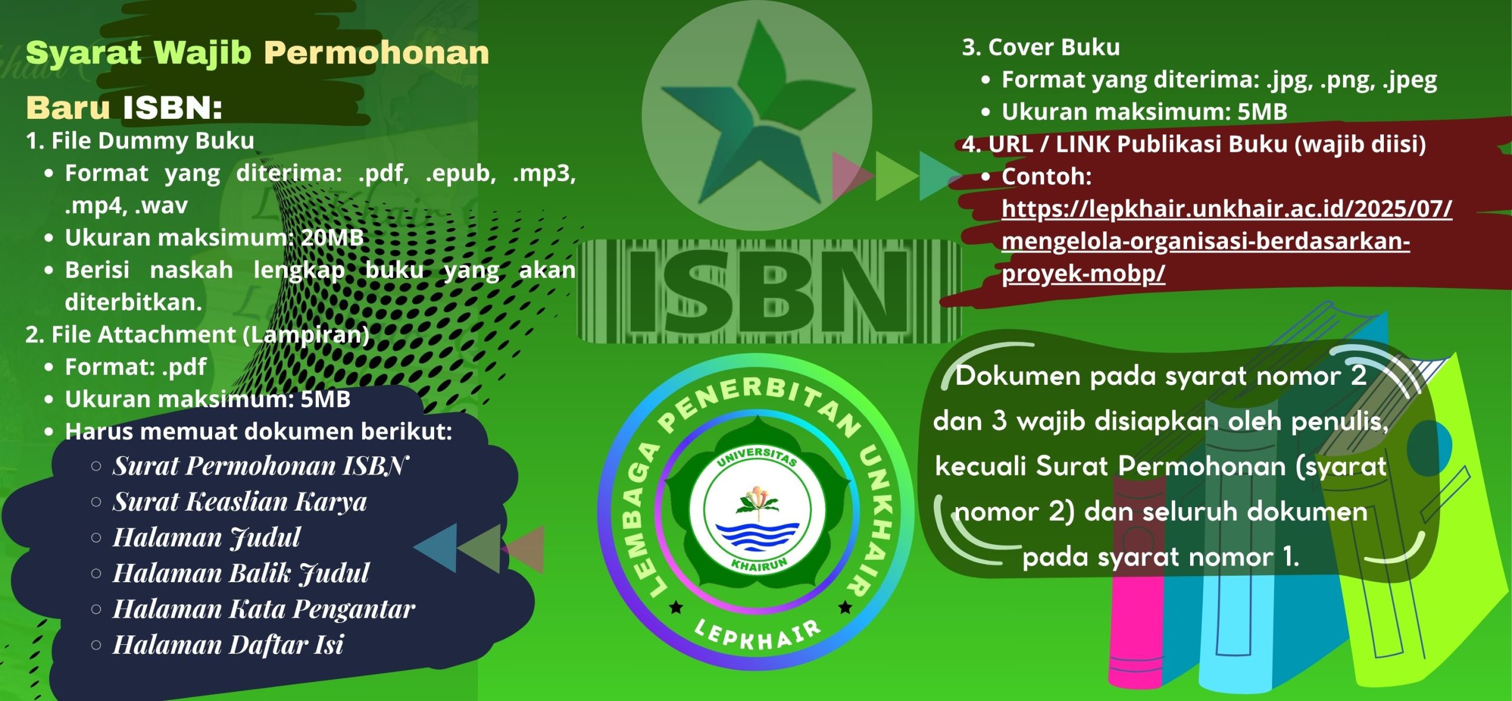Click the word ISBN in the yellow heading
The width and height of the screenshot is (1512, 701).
coord(172,108)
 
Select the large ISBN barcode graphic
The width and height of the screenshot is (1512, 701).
coord(768,291)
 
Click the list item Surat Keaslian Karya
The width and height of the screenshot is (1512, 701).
coord(240,502)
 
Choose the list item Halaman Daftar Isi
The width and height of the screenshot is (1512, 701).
coord(228,645)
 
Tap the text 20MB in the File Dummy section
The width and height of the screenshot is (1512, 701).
coord(332,238)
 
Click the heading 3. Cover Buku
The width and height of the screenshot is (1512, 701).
coord(1041,47)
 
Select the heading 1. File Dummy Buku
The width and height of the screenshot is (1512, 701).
coord(140,141)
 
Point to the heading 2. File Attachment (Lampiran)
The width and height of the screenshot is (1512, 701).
coord(197,335)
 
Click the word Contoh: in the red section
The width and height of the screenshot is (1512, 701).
coord(1046,176)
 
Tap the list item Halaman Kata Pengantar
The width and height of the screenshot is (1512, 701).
coord(263,609)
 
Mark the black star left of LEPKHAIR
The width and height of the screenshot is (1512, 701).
coord(676,607)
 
